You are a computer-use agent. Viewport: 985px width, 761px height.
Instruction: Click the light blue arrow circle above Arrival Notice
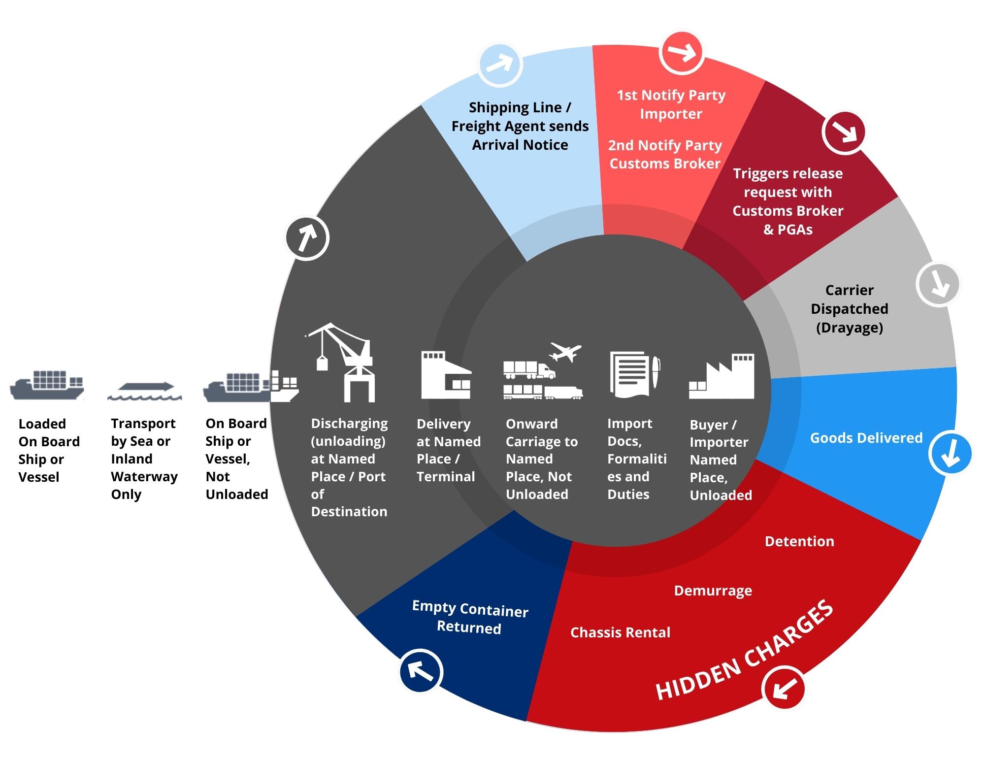click(x=500, y=65)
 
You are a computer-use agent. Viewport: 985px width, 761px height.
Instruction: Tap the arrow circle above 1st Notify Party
click(x=682, y=53)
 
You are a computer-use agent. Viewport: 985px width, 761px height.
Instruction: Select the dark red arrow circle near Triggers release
click(x=844, y=132)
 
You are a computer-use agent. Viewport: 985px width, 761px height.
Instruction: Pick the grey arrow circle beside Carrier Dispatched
click(x=938, y=285)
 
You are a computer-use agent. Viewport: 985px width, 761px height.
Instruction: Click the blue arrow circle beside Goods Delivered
click(x=951, y=453)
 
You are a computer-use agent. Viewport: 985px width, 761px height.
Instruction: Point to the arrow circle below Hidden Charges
click(x=783, y=688)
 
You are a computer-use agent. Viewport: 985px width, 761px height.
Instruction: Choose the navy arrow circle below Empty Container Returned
click(x=421, y=671)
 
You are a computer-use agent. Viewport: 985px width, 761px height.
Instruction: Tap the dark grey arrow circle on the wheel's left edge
click(x=307, y=238)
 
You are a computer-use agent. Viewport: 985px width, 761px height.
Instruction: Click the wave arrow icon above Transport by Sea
click(x=144, y=392)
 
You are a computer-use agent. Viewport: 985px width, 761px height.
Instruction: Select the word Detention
click(x=799, y=541)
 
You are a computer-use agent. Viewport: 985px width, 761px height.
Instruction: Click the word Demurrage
click(x=713, y=591)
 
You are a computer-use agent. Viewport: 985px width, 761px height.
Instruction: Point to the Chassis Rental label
click(x=620, y=632)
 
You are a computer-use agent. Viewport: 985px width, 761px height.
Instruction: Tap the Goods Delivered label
click(x=866, y=438)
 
